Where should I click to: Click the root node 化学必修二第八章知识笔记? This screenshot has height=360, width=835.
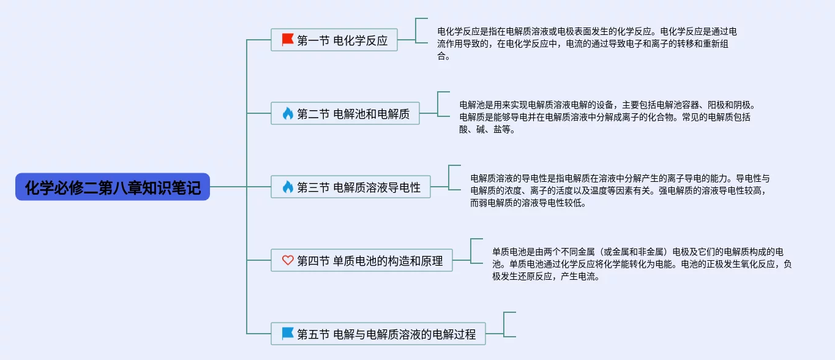[x=113, y=187]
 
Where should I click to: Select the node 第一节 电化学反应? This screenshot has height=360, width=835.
[x=334, y=40]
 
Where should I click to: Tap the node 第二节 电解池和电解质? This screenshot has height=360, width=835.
[x=345, y=113]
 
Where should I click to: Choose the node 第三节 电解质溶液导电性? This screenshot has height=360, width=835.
[x=350, y=187]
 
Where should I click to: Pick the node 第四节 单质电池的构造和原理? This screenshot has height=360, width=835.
[x=362, y=260]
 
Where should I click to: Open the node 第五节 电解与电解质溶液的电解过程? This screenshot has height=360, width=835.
[x=378, y=334]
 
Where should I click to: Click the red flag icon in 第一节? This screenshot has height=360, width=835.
[x=288, y=40]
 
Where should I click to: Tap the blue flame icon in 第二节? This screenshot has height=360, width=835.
[x=288, y=113]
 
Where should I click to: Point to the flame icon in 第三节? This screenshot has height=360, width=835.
[x=288, y=187]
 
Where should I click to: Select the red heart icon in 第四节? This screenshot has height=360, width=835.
[x=288, y=260]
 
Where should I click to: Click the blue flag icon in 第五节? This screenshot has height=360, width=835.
[x=288, y=333]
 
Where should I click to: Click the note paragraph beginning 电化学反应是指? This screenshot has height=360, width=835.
[x=586, y=43]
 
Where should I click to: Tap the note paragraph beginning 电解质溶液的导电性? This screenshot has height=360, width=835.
[x=620, y=190]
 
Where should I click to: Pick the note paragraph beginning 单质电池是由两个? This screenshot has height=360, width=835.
[x=642, y=264]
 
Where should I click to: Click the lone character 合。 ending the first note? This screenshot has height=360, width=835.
[x=444, y=56]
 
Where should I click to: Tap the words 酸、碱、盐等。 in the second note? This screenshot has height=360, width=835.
[x=487, y=129]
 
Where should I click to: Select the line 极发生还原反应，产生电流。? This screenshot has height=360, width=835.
[x=545, y=276]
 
